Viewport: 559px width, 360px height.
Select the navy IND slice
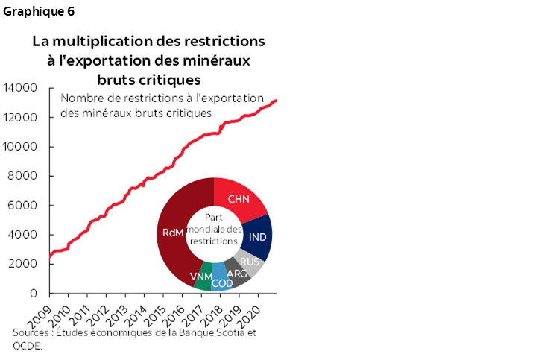tap(258, 236)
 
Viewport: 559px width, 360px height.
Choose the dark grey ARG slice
tap(235, 274)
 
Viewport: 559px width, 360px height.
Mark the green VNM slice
tap(202, 277)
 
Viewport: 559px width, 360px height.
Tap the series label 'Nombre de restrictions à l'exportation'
tap(162, 98)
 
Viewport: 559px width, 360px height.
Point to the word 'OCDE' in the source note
tap(27, 346)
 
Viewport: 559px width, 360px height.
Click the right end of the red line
tap(277, 100)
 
